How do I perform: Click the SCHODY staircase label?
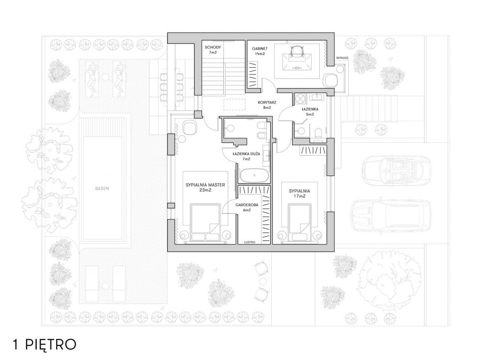pyautogui.click(x=213, y=47)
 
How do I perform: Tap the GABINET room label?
pyautogui.click(x=260, y=49)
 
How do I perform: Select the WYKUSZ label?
pyautogui.click(x=342, y=58)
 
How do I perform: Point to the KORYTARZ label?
pyautogui.click(x=267, y=102)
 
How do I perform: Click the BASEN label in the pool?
pyautogui.click(x=102, y=189)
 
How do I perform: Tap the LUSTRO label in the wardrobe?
pyautogui.click(x=250, y=242)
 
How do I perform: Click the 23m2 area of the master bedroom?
pyautogui.click(x=205, y=190)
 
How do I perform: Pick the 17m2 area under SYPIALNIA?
pyautogui.click(x=300, y=196)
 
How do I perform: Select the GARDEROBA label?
pyautogui.click(x=247, y=205)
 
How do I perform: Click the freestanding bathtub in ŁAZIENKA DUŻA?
pyautogui.click(x=254, y=175)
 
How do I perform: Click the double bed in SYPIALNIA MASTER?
pyautogui.click(x=205, y=222)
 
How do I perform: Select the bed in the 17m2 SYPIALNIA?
pyautogui.click(x=299, y=222)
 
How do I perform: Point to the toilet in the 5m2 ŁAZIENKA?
pyautogui.click(x=318, y=132)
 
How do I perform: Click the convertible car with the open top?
pyautogui.click(x=396, y=171)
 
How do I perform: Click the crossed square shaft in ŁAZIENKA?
pyautogui.click(x=301, y=98)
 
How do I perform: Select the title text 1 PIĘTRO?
pyautogui.click(x=44, y=345)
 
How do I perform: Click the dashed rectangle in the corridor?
pyautogui.click(x=234, y=104)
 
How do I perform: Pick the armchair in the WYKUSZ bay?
pyautogui.click(x=330, y=80)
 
